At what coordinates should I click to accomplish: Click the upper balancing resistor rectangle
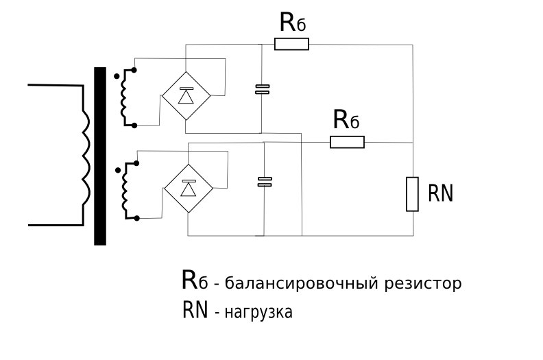coord(291,45)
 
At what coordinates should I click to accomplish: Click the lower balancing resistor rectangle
coord(347,143)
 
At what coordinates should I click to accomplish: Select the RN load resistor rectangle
coord(412,194)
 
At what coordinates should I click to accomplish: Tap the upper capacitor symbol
coord(261,88)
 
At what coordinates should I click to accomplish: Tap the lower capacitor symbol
coord(264,181)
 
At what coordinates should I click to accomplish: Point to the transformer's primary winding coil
coord(84,154)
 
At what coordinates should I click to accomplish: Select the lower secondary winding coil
coord(127,191)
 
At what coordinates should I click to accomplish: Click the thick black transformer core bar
coord(100,156)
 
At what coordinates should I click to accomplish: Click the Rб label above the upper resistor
coord(292,23)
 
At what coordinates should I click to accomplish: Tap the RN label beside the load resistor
coord(440,194)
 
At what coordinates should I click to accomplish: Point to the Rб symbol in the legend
coord(194,280)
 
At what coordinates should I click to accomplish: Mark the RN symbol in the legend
coord(195,311)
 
